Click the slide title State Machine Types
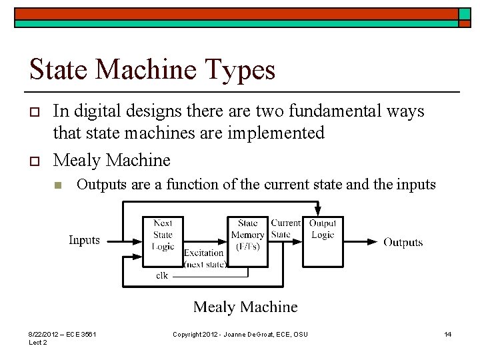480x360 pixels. [x=152, y=69]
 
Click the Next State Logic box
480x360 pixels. [x=163, y=235]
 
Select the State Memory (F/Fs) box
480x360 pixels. [x=247, y=235]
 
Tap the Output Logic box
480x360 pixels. [x=323, y=230]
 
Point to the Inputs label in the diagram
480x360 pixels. [x=84, y=240]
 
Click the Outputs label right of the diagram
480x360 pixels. [x=403, y=242]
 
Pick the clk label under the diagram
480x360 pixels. [x=162, y=275]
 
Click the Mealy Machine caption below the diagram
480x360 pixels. [x=245, y=307]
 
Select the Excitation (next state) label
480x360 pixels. [x=204, y=258]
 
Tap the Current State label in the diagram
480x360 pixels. [x=286, y=229]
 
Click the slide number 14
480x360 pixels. [x=448, y=334]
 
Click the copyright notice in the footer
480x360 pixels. [x=240, y=334]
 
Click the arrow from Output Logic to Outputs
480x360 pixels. [x=360, y=241]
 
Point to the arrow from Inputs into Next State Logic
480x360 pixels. [x=122, y=241]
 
